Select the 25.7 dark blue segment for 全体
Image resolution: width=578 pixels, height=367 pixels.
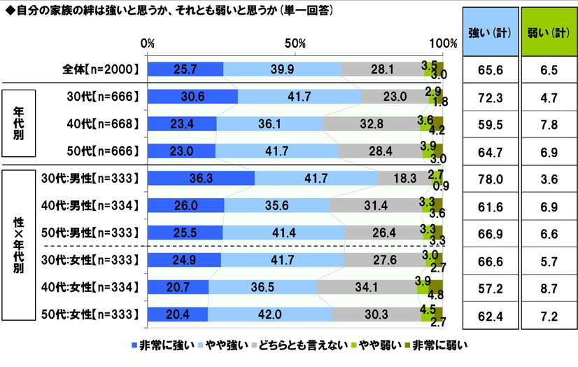185,69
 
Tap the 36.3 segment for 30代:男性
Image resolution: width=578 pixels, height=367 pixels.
201,178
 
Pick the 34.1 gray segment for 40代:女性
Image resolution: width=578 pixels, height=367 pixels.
367,287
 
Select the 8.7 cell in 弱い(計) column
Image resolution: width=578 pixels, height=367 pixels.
547,287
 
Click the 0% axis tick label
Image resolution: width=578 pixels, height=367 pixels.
148,43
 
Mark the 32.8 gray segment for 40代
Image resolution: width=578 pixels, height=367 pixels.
376,124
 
